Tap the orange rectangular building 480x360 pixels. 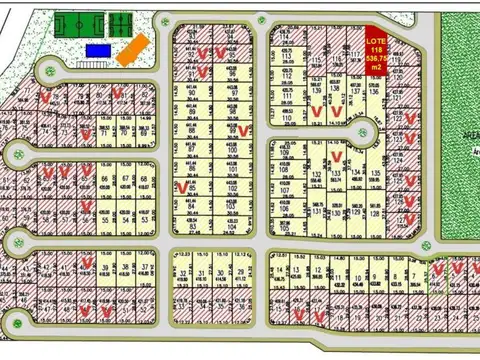coord(135,49)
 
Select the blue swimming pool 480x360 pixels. coord(99,49)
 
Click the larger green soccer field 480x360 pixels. coord(77,23)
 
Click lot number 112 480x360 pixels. coord(288,75)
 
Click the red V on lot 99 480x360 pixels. coord(243,130)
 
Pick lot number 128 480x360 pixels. coord(375,213)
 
